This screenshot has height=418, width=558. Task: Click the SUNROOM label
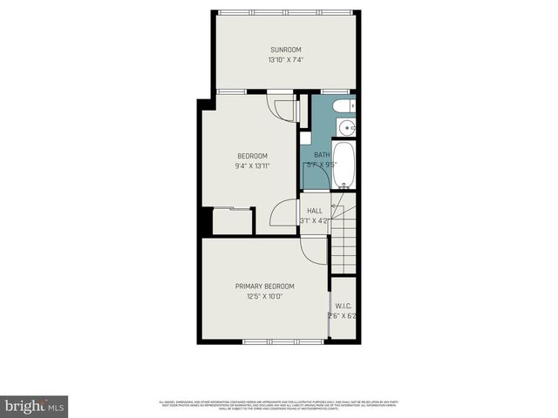pyautogui.click(x=285, y=49)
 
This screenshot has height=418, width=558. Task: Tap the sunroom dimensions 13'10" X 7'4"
pyautogui.click(x=285, y=60)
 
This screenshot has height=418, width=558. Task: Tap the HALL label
pyautogui.click(x=314, y=211)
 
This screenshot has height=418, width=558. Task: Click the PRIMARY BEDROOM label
pyautogui.click(x=264, y=286)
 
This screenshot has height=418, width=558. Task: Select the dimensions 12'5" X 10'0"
pyautogui.click(x=264, y=296)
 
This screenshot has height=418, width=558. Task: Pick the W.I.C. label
pyautogui.click(x=343, y=306)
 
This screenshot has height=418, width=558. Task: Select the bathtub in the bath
pyautogui.click(x=344, y=165)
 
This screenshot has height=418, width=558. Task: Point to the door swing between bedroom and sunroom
pyautogui.click(x=285, y=108)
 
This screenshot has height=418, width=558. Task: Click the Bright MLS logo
pyautogui.click(x=35, y=406)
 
